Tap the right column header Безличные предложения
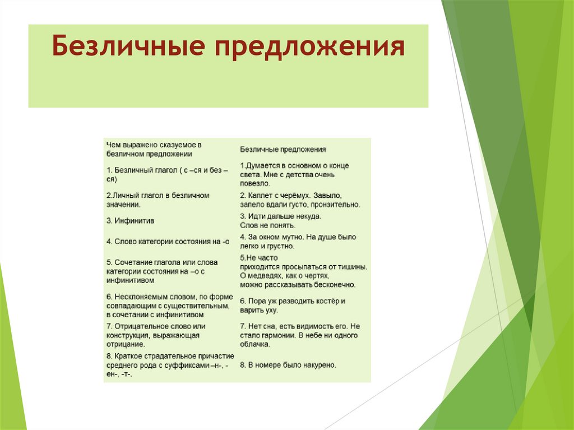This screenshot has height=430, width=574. pyautogui.click(x=283, y=150)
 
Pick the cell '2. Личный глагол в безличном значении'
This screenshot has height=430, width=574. pyautogui.click(x=158, y=200)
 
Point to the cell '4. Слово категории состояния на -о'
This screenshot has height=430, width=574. pyautogui.click(x=168, y=242)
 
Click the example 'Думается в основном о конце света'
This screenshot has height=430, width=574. pyautogui.click(x=294, y=174)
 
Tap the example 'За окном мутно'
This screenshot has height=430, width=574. pyautogui.click(x=298, y=241)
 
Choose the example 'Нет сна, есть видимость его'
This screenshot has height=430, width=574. pyautogui.click(x=299, y=335)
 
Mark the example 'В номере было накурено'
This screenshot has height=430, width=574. pyautogui.click(x=288, y=365)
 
